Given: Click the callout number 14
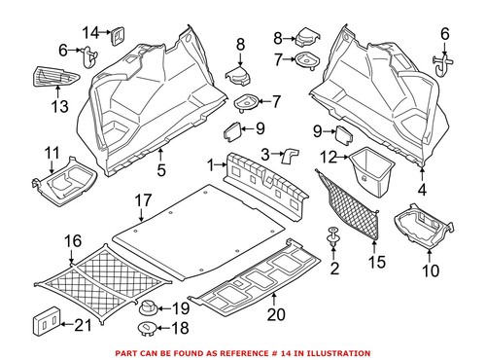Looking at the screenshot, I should pyautogui.click(x=89, y=32).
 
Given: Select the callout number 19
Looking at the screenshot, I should pyautogui.click(x=181, y=309).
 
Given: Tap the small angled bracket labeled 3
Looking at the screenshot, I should pyautogui.click(x=289, y=153).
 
